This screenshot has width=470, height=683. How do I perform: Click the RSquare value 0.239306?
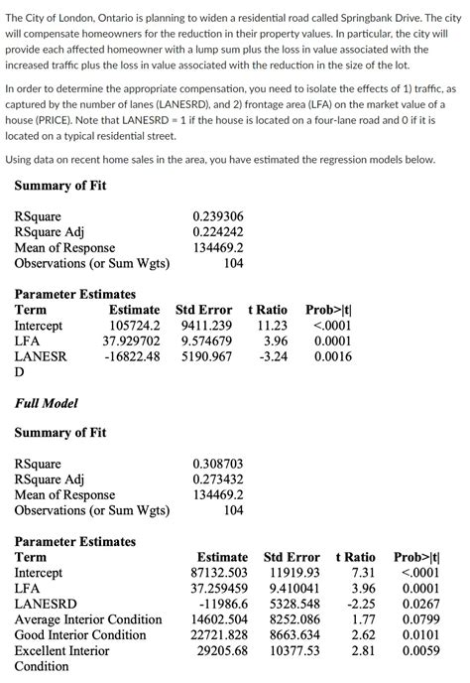coord(217,215)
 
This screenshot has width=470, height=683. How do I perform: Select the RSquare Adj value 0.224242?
coord(217,231)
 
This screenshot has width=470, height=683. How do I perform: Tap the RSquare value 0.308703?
coord(217,463)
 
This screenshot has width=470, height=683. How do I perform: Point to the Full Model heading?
coord(47,403)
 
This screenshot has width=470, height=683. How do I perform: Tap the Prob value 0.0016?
coord(332,356)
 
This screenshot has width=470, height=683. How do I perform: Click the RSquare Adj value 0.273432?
coord(217,478)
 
